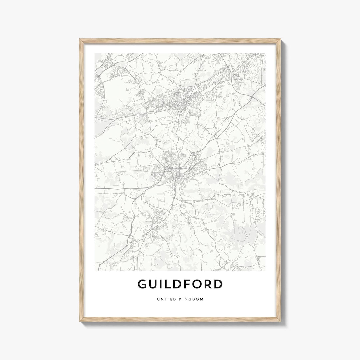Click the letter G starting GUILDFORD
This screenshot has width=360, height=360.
(142, 284)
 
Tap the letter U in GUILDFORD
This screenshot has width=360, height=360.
(154, 284)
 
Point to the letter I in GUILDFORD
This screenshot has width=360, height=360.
(162, 284)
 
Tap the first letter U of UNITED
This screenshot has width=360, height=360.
(158, 299)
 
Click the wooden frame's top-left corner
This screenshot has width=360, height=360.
(80, 40)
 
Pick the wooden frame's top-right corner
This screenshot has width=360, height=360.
(280, 40)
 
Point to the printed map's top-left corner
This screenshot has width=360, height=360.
(95, 53)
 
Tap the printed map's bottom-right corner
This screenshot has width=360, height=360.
(265, 270)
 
